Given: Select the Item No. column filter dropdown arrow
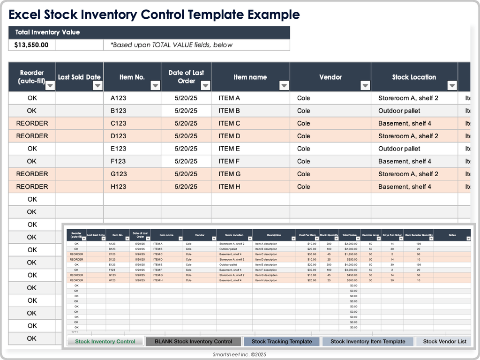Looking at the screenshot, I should tap(155, 85).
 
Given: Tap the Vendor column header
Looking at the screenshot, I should tap(330, 77).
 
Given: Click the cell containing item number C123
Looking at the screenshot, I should tap(118, 123).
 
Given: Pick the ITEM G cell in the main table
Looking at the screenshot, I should tap(229, 174).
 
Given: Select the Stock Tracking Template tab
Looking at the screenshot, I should tap(281, 341).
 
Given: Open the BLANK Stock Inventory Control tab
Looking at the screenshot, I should tap(193, 341).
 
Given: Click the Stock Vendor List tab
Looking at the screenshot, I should tap(444, 341).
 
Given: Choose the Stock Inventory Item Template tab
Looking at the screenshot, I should tap(367, 341).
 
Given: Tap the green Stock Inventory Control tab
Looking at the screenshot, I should tap(105, 341).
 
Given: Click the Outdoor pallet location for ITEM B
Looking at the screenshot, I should tap(399, 111).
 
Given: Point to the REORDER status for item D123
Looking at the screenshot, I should tap(32, 136).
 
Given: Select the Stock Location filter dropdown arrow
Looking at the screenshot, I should tap(452, 85).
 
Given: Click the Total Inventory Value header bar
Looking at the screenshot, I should tap(149, 32).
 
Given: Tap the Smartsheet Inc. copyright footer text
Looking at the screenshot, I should tap(239, 355).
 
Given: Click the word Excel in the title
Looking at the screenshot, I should tap(25, 15).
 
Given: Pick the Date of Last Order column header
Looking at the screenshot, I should tap(186, 76).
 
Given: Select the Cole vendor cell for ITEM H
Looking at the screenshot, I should tap(303, 187).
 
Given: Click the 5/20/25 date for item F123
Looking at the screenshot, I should tap(186, 161).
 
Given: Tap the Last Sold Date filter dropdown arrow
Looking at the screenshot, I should tap(97, 85).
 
